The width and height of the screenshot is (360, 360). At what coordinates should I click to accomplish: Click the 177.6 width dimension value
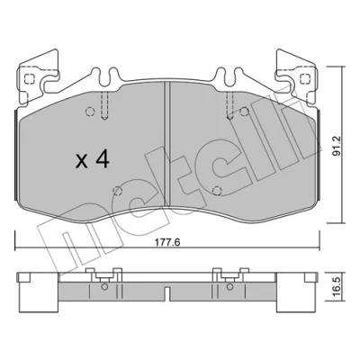[167, 242]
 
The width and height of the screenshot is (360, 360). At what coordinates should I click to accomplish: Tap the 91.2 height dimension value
[337, 146]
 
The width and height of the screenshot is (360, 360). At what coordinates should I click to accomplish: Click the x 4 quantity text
[93, 160]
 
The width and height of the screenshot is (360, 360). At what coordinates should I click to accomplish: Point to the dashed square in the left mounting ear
[29, 79]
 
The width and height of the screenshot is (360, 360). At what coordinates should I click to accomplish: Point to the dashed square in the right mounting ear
[305, 79]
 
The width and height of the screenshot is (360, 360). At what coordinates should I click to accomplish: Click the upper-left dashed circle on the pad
[90, 112]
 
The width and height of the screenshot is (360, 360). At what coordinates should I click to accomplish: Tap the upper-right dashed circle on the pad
[245, 112]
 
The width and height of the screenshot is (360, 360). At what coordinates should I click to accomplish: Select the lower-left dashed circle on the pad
[117, 191]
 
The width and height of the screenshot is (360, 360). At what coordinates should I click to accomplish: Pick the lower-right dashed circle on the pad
[217, 191]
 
